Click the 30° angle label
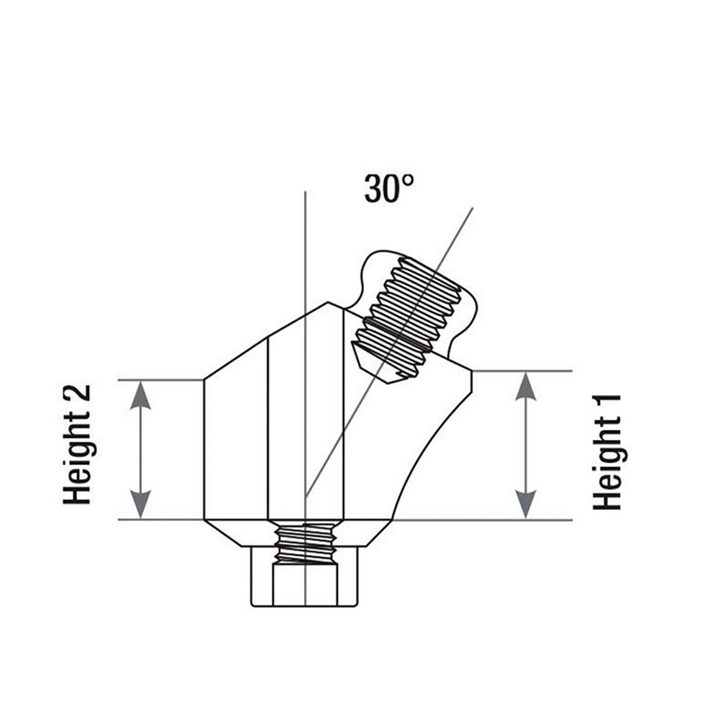click(x=389, y=188)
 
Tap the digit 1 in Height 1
click(x=608, y=404)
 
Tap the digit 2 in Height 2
click(x=78, y=399)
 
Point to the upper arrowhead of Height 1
click(x=526, y=386)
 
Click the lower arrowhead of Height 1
click(x=526, y=504)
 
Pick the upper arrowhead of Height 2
click(x=140, y=395)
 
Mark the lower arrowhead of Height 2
click(x=140, y=504)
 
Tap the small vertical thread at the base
click(x=306, y=544)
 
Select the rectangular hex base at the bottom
click(x=304, y=577)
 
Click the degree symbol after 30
click(x=409, y=181)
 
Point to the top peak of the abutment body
click(x=328, y=302)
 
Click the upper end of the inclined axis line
click(x=473, y=208)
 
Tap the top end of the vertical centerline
click(x=305, y=192)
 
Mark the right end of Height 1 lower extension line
click(x=572, y=520)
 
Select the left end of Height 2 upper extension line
click(x=119, y=380)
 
